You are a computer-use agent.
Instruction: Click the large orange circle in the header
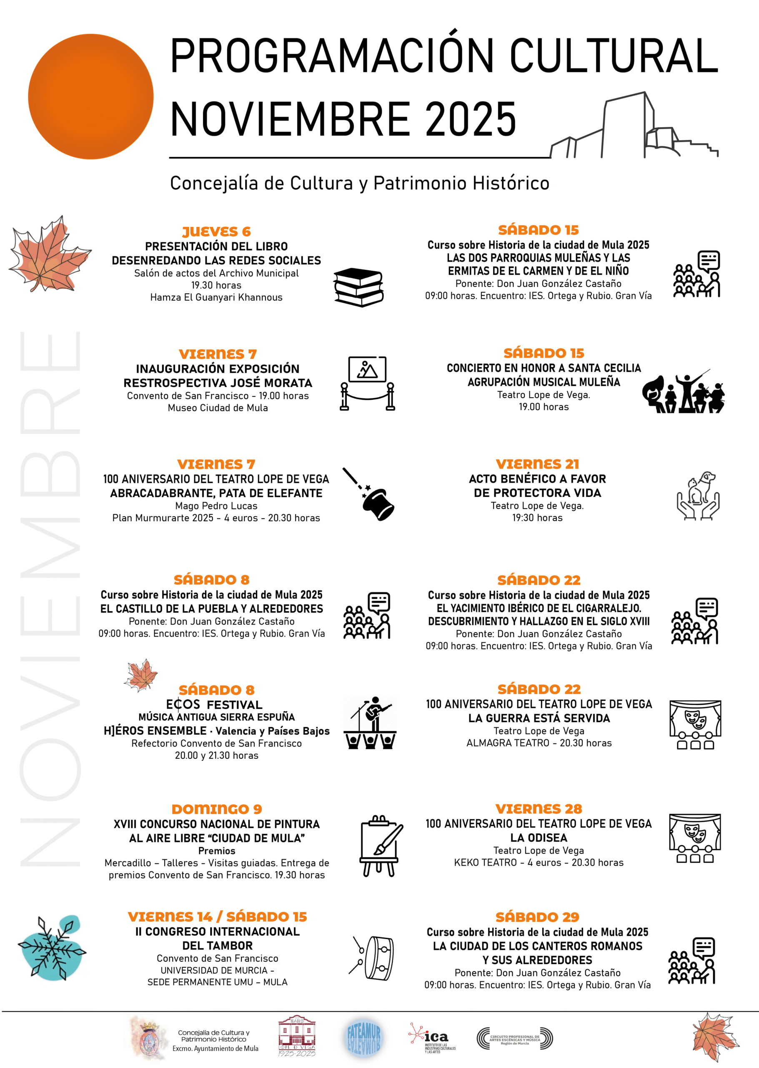91,96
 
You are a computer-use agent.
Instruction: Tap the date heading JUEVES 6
216,232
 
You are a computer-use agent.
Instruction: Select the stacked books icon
358,287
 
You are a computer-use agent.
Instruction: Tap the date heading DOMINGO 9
217,809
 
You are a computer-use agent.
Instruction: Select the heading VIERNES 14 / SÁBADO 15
217,917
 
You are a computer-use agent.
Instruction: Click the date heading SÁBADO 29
538,917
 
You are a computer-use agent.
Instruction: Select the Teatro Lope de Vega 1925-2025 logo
297,1036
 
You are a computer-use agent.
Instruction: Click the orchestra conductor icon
684,392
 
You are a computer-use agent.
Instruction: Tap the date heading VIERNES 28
539,809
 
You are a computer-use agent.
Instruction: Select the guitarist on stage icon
370,723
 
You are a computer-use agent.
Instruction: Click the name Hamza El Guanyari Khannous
216,297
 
